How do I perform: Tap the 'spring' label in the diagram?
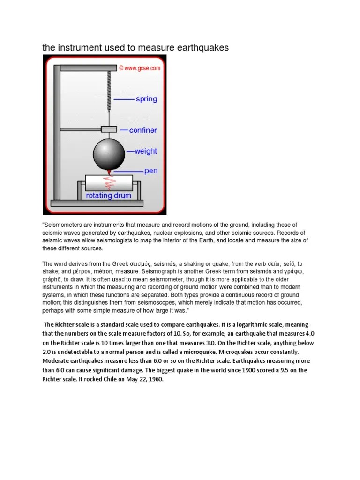tap(146, 99)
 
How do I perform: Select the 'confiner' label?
tap(143, 130)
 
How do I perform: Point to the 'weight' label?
tap(146, 151)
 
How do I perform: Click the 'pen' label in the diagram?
tap(151, 171)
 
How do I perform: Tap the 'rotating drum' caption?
tap(108, 195)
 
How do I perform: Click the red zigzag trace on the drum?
tap(108, 182)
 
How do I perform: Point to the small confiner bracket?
tap(109, 129)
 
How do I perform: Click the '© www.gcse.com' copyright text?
tap(139, 68)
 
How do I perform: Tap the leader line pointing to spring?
tap(124, 99)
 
